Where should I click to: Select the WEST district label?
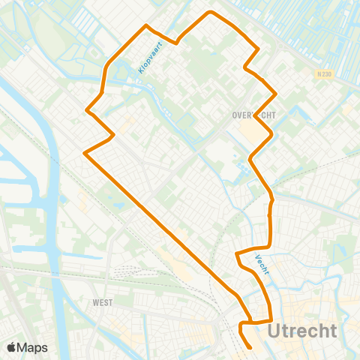[103, 303]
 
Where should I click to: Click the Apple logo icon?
[12, 347]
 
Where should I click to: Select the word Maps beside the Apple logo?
[33, 347]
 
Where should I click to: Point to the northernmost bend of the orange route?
[211, 12]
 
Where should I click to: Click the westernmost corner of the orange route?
[84, 154]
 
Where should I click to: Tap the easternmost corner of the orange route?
[277, 93]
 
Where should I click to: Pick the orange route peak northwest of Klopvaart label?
[146, 25]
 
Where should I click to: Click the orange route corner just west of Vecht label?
[237, 253]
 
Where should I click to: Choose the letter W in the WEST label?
[95, 303]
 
